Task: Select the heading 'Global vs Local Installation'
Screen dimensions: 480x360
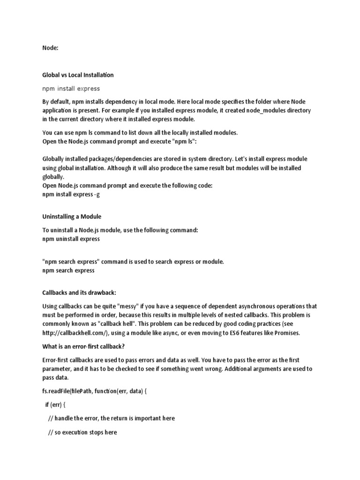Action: (x=78, y=75)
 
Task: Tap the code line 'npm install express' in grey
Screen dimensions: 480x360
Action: (x=71, y=88)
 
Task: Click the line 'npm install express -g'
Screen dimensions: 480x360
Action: (x=71, y=195)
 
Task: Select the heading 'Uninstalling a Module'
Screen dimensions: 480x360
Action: (x=72, y=217)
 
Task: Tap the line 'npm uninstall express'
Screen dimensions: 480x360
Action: (x=71, y=239)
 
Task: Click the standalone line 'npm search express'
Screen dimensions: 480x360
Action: (x=68, y=270)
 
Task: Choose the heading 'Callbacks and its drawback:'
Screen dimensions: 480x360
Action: (x=79, y=293)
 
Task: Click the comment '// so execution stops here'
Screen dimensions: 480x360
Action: (x=82, y=433)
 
